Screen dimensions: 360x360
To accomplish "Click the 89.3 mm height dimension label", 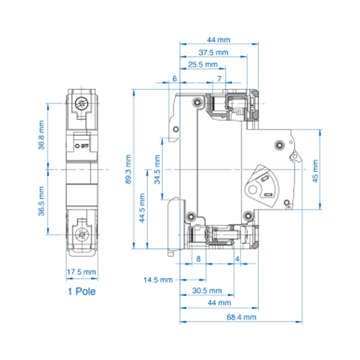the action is (x=128, y=169).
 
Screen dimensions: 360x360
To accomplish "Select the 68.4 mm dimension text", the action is (x=241, y=318).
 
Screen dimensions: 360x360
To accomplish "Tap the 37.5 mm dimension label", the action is (x=213, y=53).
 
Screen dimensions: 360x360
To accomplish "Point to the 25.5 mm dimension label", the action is (x=203, y=65).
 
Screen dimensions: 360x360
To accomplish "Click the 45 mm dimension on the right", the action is (x=315, y=171).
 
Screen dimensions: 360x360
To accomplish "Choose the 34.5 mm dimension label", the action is (x=157, y=169).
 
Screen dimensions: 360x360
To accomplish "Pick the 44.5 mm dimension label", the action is (x=143, y=208).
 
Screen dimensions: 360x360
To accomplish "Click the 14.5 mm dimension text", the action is (x=158, y=280).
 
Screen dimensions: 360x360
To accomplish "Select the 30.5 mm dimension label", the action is (x=207, y=291).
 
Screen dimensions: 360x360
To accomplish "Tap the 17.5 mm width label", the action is (x=81, y=272).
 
